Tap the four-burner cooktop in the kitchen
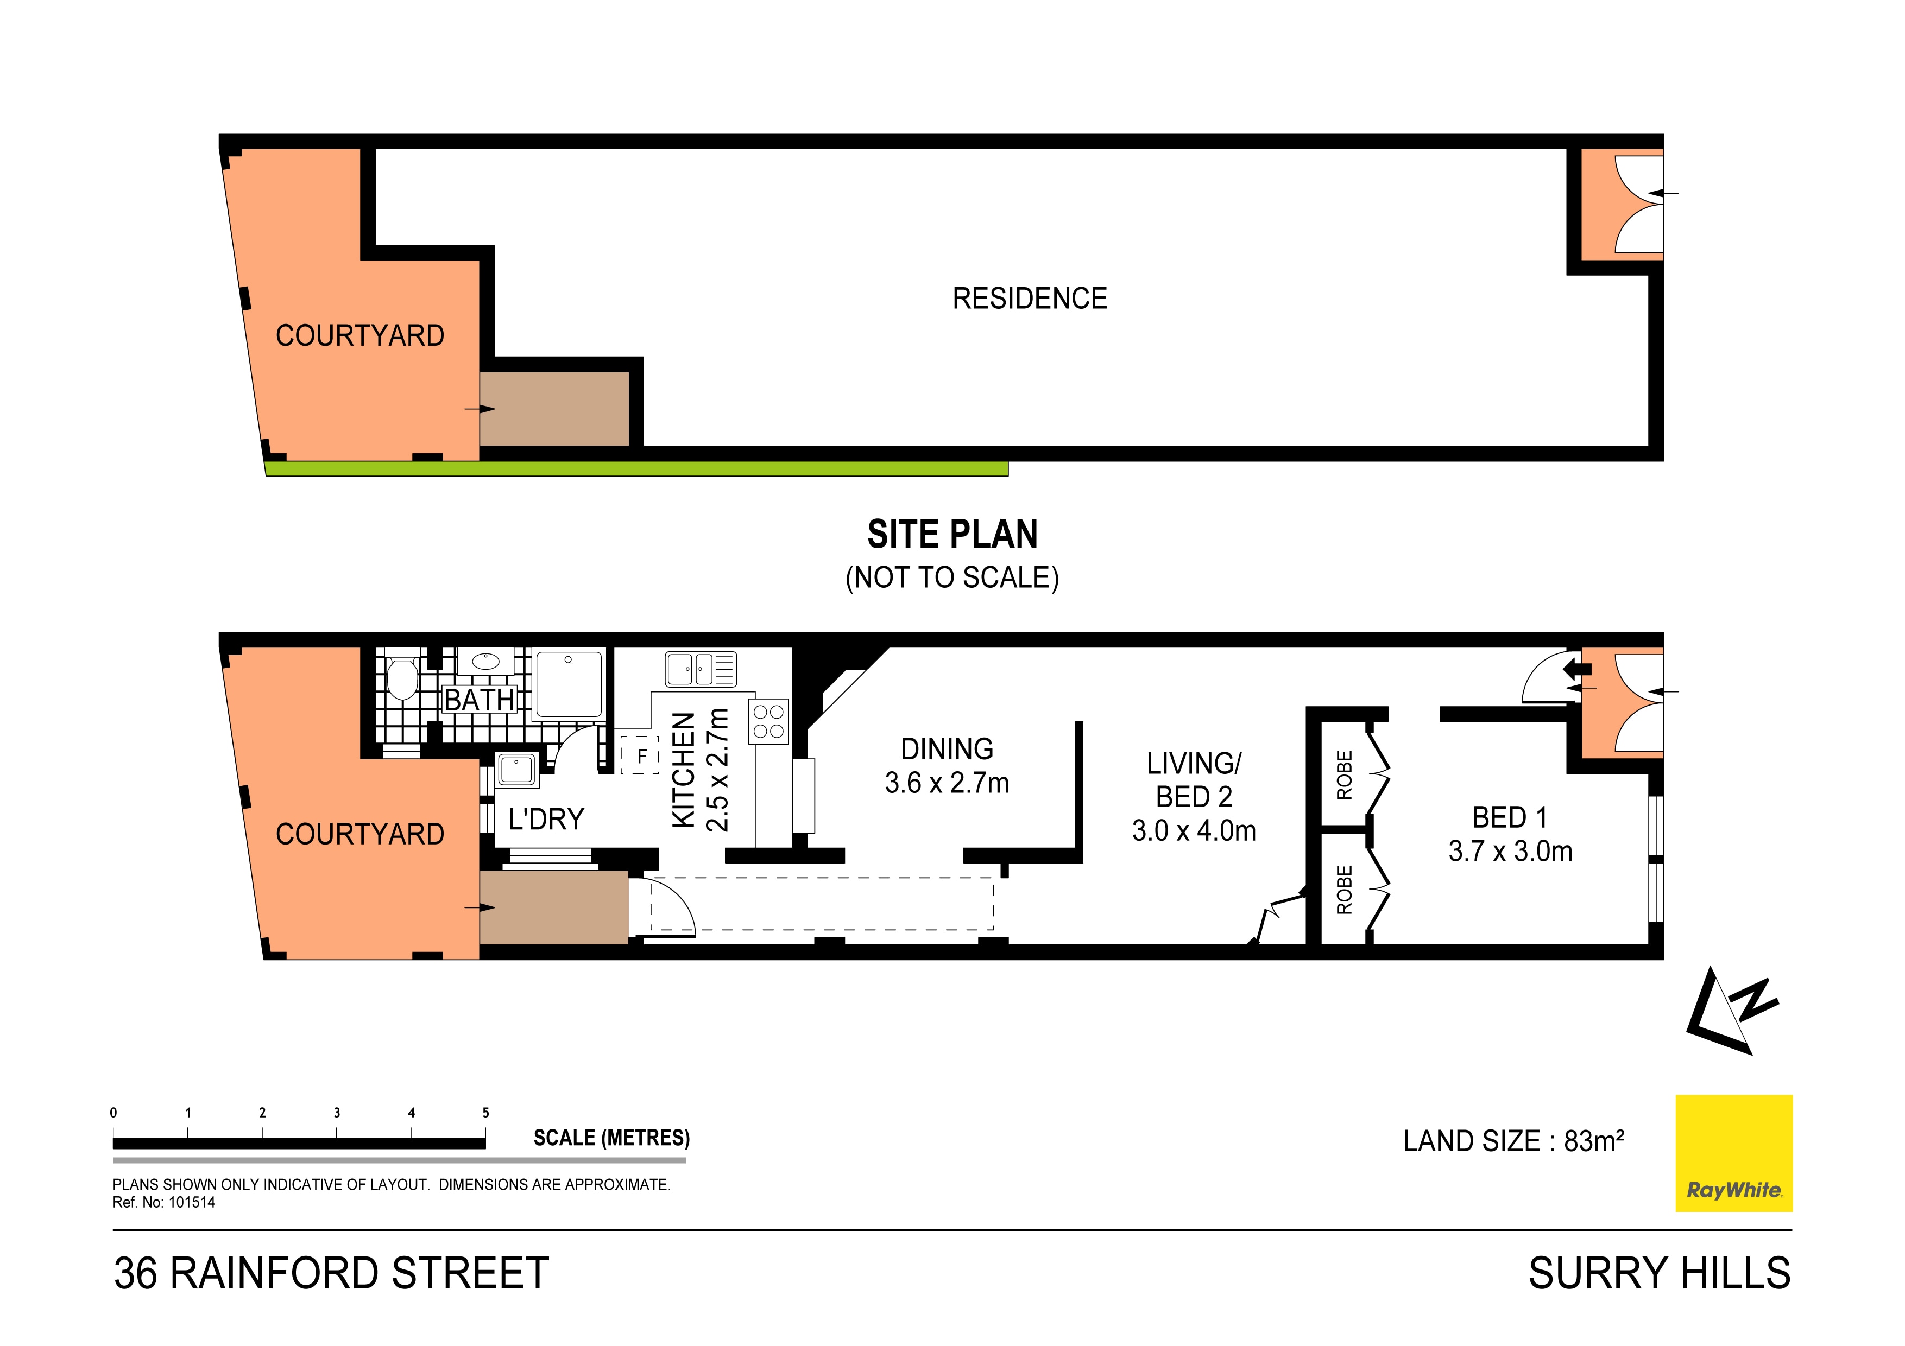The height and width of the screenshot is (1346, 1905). [768, 721]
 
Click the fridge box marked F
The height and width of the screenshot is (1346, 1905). [641, 755]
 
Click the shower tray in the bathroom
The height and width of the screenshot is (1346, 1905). [569, 684]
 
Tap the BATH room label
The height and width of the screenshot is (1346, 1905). [480, 700]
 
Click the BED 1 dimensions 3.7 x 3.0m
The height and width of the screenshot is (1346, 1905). [1510, 852]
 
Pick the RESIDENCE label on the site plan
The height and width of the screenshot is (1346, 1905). [1030, 299]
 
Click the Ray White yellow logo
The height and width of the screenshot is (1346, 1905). [1733, 1153]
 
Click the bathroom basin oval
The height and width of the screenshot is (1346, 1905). [485, 662]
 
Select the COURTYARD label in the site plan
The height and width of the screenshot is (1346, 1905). [359, 336]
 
